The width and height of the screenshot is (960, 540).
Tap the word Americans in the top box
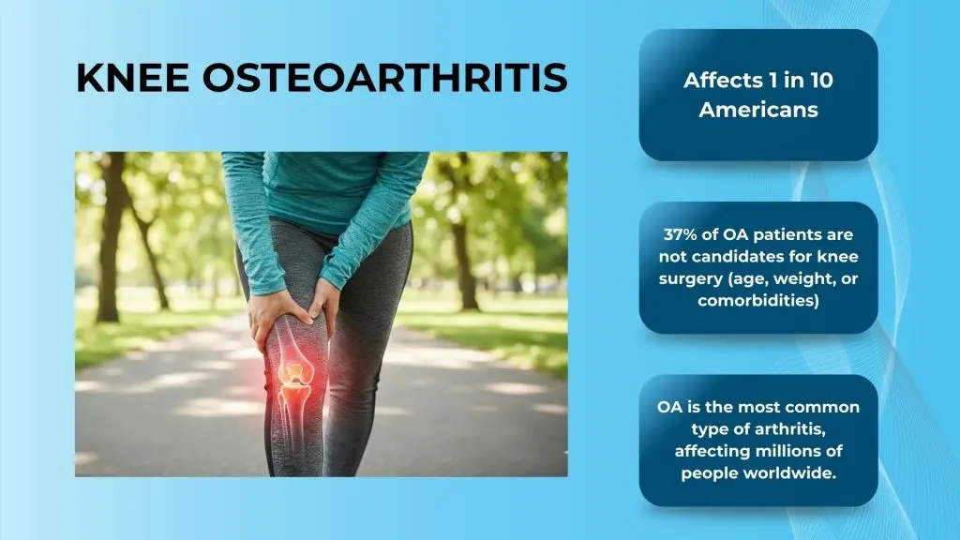tap(758, 109)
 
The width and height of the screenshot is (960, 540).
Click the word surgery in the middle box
tap(693, 278)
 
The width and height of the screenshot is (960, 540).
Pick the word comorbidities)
tap(758, 301)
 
